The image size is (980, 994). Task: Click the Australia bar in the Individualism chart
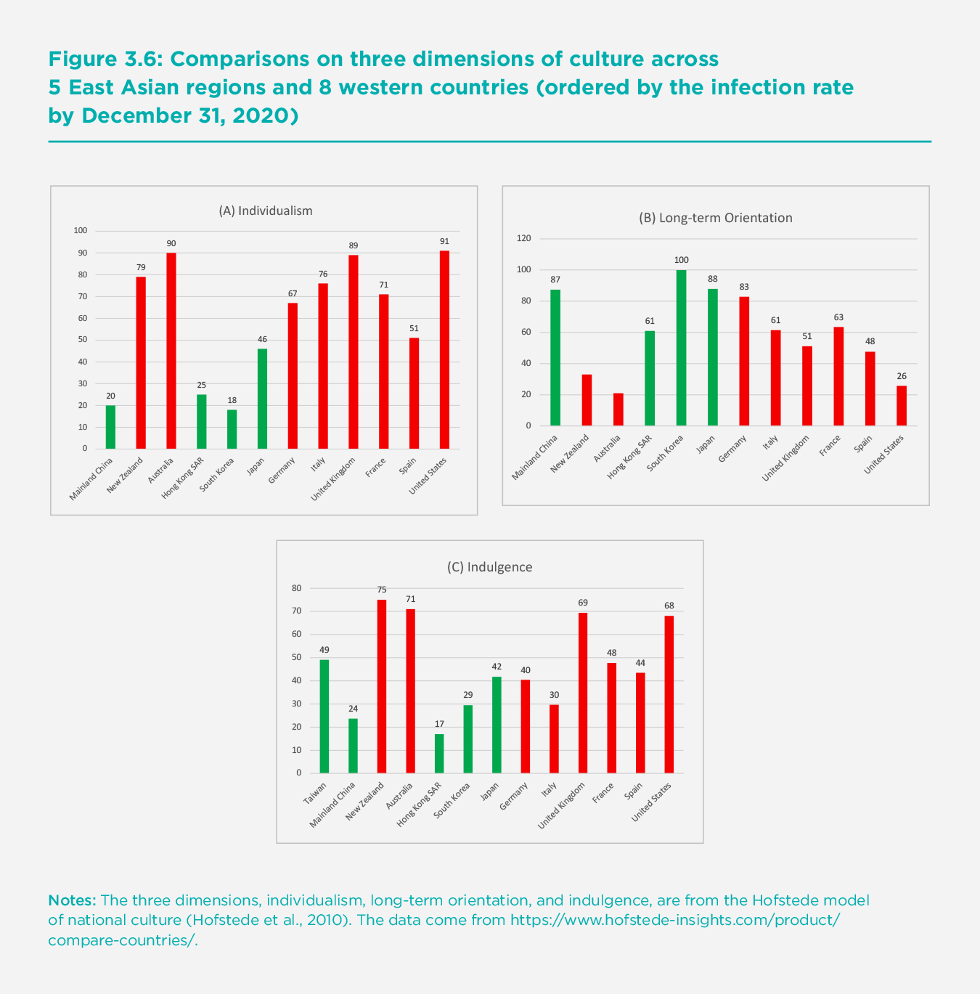coord(171,351)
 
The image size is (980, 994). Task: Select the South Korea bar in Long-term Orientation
coord(681,348)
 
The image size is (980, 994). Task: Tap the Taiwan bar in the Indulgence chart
coord(324,716)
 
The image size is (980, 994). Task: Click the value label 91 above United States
coord(444,241)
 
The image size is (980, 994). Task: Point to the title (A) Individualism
coord(266,211)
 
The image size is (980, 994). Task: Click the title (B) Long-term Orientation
coord(715,218)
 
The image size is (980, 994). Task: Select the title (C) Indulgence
coord(489,567)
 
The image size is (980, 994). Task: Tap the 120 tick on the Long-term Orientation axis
coord(523,238)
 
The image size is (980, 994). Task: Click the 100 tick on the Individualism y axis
coord(80,231)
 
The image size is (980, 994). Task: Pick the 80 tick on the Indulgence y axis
coord(296,588)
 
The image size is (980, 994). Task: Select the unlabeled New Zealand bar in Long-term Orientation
coord(587,400)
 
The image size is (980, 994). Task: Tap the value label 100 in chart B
coord(681,260)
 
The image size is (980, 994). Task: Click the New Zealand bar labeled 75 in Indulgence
coord(382,686)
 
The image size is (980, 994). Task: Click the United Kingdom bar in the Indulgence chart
coord(583,693)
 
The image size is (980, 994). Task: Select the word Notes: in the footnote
coord(72,900)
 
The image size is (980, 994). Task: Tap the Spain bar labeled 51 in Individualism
coord(414,393)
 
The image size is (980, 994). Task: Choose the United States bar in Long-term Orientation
coord(902,406)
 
